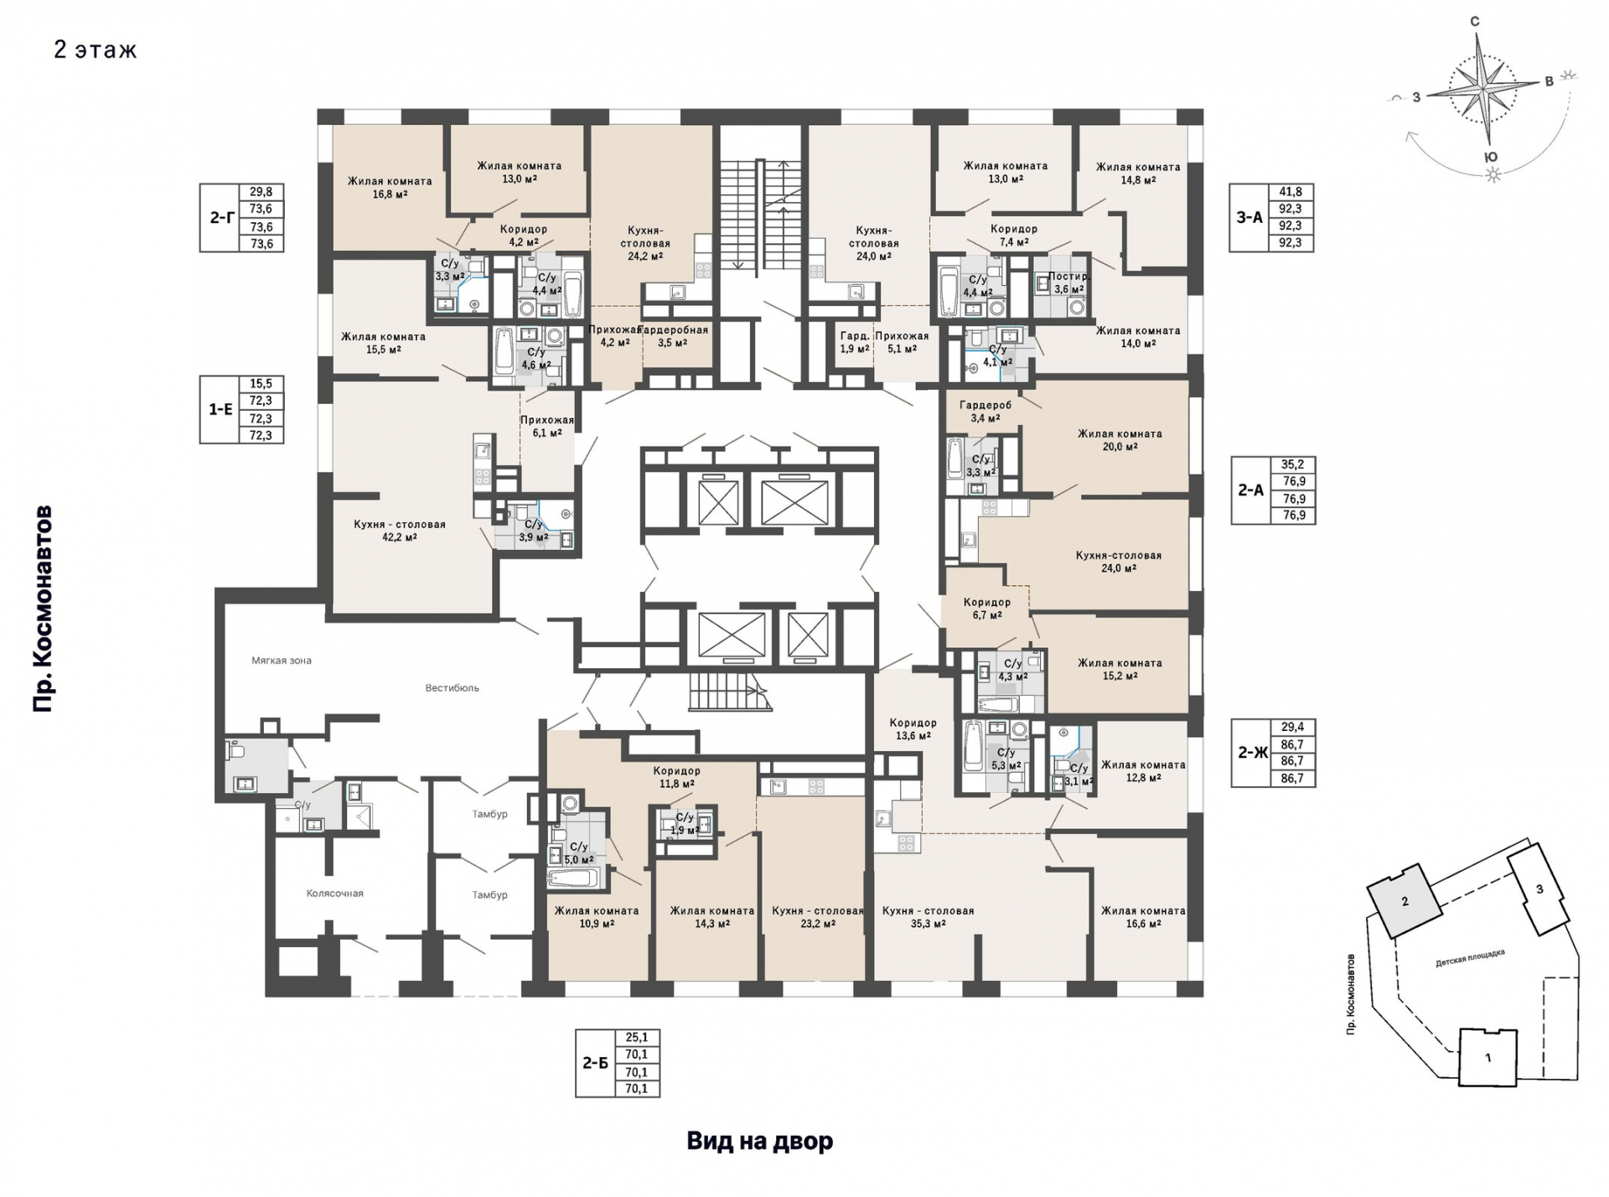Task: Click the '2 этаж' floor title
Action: click(95, 50)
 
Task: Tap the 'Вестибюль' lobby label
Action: click(452, 688)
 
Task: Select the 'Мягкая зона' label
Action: click(282, 661)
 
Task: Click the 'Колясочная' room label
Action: click(334, 894)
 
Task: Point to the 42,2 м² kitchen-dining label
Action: click(400, 531)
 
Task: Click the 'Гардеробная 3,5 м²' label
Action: click(674, 336)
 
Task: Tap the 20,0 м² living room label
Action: click(1120, 440)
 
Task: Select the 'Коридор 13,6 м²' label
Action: click(913, 729)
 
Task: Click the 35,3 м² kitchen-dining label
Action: click(928, 917)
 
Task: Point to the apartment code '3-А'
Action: click(1249, 217)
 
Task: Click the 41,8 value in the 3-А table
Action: click(1291, 192)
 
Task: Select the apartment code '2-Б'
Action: click(595, 1063)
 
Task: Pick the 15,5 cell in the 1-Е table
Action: click(261, 384)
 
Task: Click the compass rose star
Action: click(1484, 86)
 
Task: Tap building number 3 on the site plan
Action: click(1539, 889)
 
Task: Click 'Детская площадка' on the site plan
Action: click(1470, 958)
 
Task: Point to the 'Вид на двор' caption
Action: click(760, 1141)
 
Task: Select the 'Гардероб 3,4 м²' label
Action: click(986, 412)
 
